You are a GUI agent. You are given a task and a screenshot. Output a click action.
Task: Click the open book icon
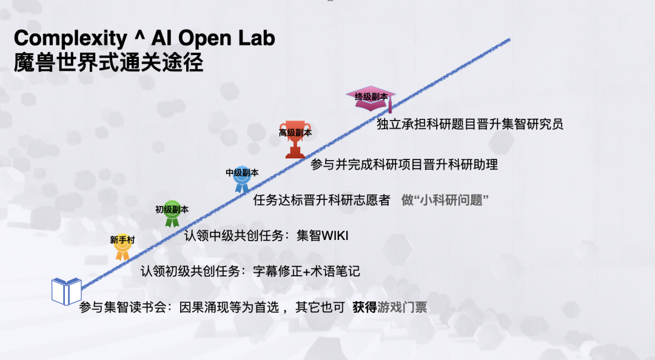point(67,292)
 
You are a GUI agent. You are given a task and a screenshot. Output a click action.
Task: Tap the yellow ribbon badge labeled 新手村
point(123,247)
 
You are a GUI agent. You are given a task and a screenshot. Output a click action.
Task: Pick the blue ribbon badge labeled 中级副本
point(242,179)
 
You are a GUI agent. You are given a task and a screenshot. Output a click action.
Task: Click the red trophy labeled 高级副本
point(295,139)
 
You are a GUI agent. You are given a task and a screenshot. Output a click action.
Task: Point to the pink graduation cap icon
point(371,99)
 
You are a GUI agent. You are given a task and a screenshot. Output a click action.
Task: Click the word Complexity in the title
point(70,39)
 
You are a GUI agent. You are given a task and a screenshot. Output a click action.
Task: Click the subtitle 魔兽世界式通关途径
point(109,62)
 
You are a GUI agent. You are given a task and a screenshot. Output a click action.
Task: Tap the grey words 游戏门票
point(402,307)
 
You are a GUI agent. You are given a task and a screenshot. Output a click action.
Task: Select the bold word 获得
point(364,307)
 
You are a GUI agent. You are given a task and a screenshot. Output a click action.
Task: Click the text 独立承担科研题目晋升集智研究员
point(470,124)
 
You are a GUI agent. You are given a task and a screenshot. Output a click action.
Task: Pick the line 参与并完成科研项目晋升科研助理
point(404,165)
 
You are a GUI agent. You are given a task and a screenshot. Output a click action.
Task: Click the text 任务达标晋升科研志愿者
point(321,200)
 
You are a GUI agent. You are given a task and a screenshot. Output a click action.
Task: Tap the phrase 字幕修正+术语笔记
point(307,272)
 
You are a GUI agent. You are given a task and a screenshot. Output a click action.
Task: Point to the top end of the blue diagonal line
point(509,39)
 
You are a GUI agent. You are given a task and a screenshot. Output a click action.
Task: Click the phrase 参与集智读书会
point(123,307)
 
